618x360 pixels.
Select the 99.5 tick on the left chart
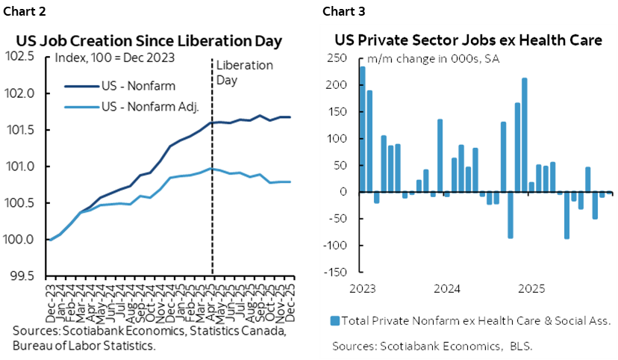pos(24,276)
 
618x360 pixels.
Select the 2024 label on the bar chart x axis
pos(446,288)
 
